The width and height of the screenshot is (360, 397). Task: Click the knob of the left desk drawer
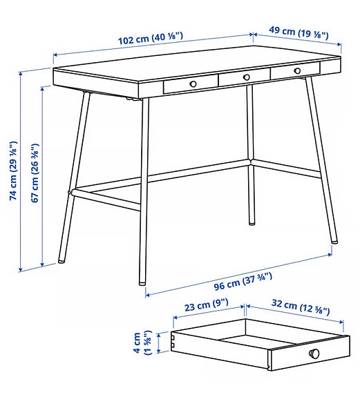[193, 84]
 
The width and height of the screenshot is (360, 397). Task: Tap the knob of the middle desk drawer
[246, 77]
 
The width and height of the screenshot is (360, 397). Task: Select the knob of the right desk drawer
[298, 70]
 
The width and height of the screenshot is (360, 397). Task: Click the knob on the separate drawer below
[314, 354]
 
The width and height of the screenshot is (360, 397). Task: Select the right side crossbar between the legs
[287, 170]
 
